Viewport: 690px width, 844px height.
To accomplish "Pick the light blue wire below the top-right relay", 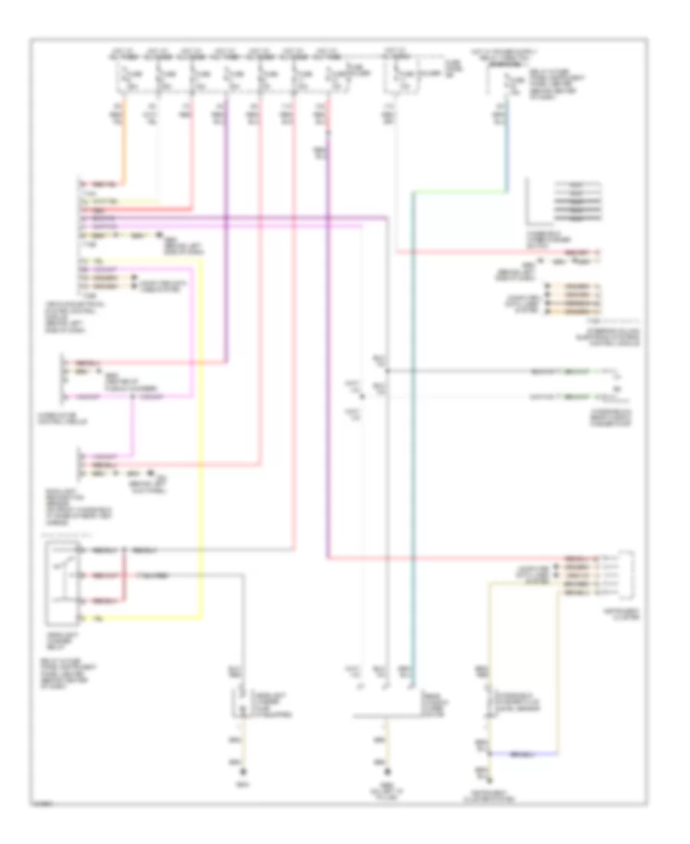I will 506,153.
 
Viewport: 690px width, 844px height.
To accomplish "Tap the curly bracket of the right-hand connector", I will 631,575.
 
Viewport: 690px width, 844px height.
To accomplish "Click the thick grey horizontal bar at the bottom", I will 383,717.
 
